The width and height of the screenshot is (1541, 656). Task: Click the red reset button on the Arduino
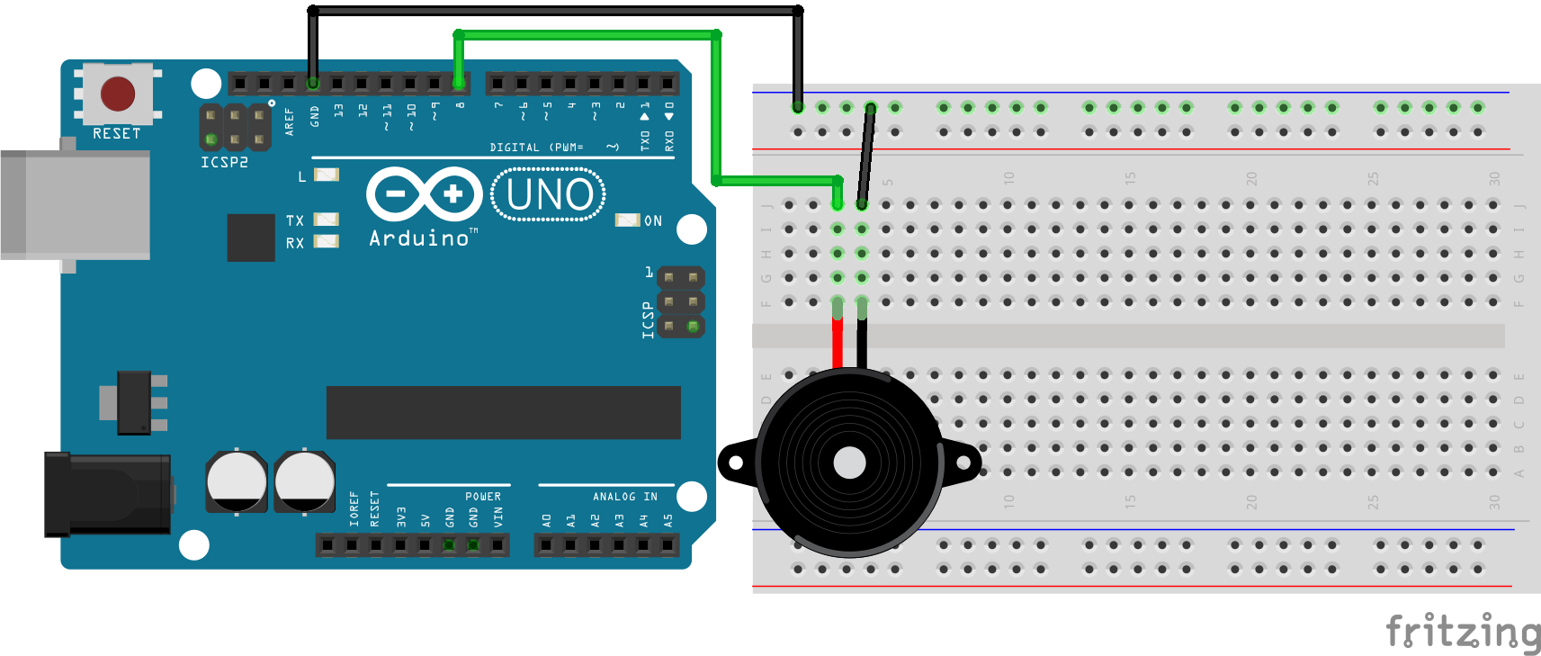tap(118, 94)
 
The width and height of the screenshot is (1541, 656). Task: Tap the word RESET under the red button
tap(117, 133)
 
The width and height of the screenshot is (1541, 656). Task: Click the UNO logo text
tap(549, 194)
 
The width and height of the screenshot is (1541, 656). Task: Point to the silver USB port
tap(76, 205)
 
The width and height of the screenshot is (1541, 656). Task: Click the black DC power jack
tap(108, 494)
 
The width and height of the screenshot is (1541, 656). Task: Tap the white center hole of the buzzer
tap(849, 463)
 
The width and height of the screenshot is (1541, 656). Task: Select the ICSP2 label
tap(224, 163)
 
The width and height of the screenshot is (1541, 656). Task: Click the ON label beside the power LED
tap(653, 221)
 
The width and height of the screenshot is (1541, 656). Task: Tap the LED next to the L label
tap(326, 175)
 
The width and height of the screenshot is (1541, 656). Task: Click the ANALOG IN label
tap(624, 497)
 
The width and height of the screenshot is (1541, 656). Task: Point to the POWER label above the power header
tap(483, 497)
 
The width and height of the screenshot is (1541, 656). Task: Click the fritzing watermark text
tap(1463, 631)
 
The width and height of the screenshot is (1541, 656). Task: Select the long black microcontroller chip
tap(503, 413)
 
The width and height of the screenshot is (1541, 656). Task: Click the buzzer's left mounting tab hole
tap(736, 463)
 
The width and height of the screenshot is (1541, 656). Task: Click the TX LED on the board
tap(326, 220)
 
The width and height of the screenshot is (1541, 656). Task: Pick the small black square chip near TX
tap(251, 238)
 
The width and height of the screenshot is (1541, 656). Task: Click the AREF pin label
tap(290, 121)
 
